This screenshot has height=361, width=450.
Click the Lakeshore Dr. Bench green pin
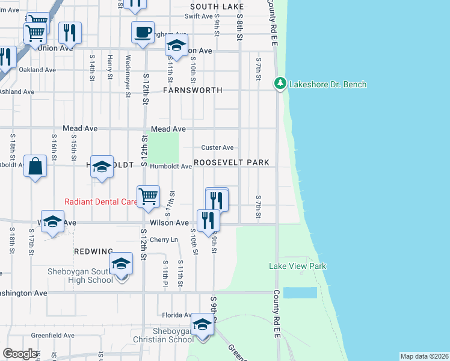coord(280,84)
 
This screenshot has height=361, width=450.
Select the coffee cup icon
coord(143,32)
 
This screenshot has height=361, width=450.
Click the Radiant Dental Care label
coord(101,202)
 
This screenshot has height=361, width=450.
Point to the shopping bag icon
coord(35,167)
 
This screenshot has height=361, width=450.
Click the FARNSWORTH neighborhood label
coord(193,90)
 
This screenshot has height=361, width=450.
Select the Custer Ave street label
coord(217,147)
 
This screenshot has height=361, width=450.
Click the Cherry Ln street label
coord(164,239)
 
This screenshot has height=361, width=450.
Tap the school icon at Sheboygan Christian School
coord(203,326)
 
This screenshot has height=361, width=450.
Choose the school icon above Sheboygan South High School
coord(121,264)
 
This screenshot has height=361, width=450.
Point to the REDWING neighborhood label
coord(93,251)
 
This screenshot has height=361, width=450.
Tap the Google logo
coord(20,354)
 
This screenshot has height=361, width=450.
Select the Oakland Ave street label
coord(37,70)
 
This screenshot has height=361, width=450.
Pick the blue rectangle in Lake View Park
coord(300,292)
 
